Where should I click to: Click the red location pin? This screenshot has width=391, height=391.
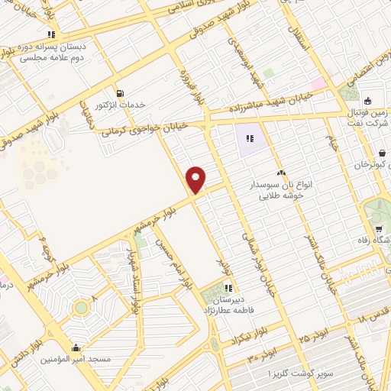point(196,179)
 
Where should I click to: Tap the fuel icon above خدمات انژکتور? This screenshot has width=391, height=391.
point(118,93)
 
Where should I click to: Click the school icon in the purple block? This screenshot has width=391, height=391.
point(249,139)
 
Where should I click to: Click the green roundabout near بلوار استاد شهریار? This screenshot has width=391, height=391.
point(80,307)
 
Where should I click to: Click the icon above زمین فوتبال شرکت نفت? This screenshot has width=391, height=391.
point(367,102)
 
